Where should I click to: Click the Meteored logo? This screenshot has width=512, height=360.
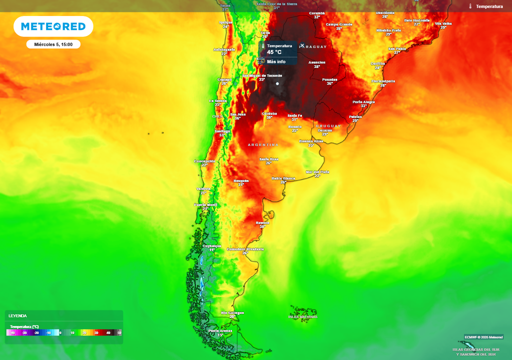(53, 26)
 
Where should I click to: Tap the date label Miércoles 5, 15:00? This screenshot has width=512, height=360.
(53, 44)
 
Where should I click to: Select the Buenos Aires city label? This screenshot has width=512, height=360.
(311, 141)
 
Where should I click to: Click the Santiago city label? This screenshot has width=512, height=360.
(222, 131)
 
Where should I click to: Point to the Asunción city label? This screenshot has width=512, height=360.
(316, 63)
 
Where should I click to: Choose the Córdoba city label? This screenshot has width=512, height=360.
(269, 114)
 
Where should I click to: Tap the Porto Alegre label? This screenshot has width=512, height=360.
(363, 102)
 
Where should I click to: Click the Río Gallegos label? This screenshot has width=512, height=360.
(232, 313)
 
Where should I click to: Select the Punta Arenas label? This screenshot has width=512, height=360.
(220, 331)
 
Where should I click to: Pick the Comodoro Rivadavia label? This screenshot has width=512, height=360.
(245, 249)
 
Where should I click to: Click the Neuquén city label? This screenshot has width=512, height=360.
(241, 180)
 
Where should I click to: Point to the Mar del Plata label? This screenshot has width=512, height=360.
(317, 172)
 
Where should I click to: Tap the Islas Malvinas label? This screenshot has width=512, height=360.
(303, 316)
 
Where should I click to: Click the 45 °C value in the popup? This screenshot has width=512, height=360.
(274, 52)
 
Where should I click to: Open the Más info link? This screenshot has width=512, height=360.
(276, 61)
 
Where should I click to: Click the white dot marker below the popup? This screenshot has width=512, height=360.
(277, 83)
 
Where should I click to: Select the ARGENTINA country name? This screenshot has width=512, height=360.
(263, 144)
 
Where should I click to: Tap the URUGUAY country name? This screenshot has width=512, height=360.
(328, 126)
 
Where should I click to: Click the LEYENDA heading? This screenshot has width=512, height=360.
(17, 316)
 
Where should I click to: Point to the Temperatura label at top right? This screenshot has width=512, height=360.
(489, 6)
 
